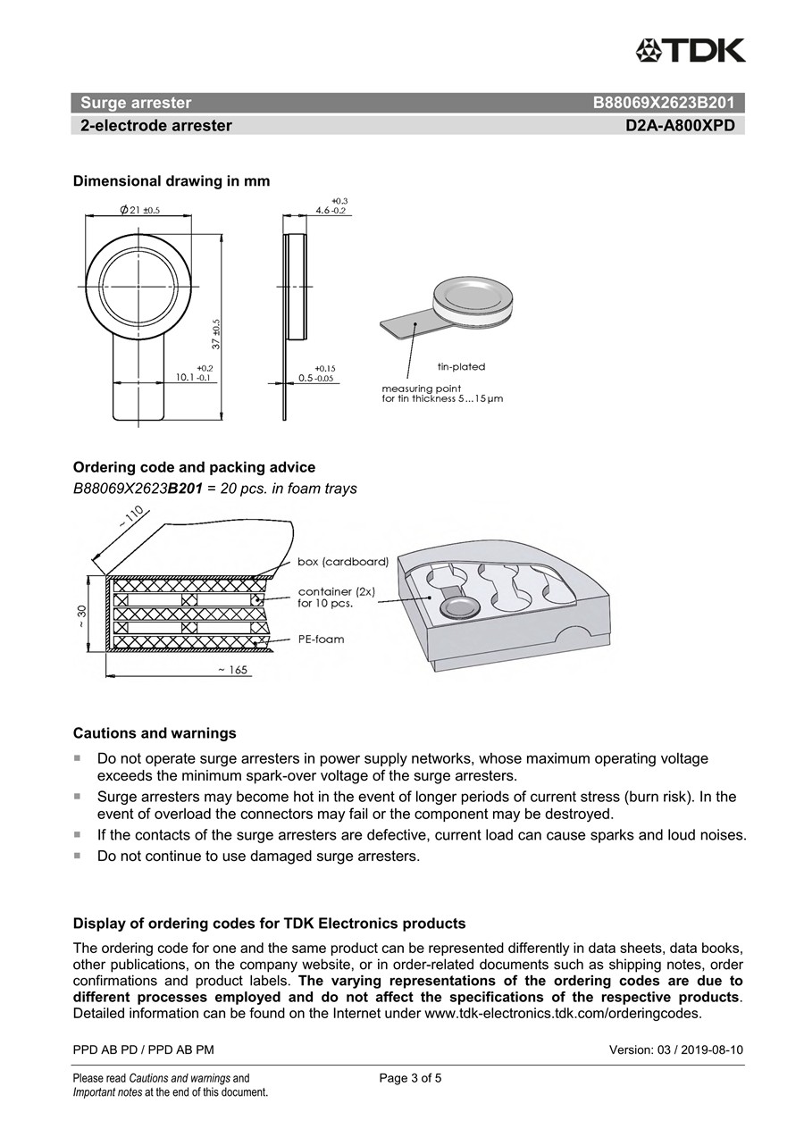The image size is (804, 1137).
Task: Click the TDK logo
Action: click(x=690, y=50)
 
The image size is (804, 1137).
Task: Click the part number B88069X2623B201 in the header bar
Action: click(x=663, y=103)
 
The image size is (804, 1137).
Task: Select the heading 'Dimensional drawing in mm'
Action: click(x=171, y=181)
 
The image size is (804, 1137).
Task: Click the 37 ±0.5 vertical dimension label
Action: click(x=215, y=333)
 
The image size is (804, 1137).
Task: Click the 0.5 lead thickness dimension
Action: click(x=316, y=378)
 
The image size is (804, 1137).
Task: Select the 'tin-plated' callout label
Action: click(x=461, y=367)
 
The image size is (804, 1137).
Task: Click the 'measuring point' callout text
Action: click(x=422, y=389)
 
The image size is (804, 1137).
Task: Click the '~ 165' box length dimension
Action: click(x=230, y=669)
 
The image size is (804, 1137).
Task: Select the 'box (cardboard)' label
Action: click(x=342, y=562)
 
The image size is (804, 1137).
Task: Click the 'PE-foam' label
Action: click(x=321, y=640)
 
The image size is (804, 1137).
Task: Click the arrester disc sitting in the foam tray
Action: click(x=460, y=608)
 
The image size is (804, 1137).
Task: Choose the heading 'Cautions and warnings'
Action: click(x=155, y=733)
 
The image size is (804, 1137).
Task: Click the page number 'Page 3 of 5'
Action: click(x=410, y=1078)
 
